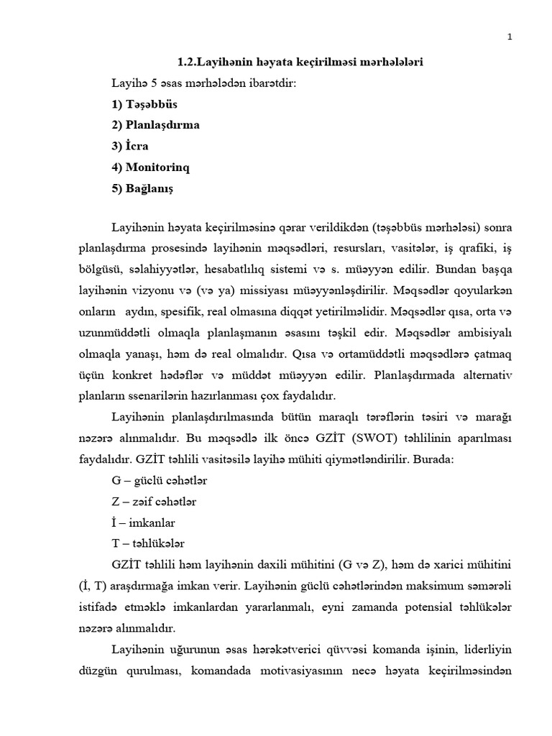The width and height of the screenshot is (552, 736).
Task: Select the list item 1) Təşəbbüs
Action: click(144, 104)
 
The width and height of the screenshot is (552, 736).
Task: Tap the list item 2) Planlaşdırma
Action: click(155, 125)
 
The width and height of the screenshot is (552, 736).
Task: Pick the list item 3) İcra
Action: click(130, 146)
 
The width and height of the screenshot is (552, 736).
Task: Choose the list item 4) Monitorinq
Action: click(151, 167)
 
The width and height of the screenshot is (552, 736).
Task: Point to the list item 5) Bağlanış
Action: click(142, 188)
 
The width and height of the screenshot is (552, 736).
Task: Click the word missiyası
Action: click(291, 293)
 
